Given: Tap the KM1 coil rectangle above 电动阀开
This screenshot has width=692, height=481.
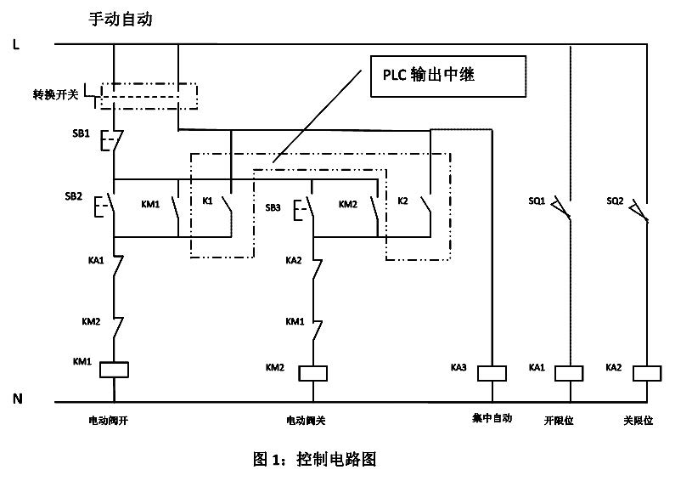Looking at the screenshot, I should point(114,368).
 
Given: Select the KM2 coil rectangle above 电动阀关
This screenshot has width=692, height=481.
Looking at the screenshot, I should point(313,372).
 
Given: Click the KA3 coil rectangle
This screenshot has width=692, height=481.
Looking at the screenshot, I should point(492,372).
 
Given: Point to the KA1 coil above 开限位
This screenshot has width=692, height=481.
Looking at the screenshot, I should point(568,372).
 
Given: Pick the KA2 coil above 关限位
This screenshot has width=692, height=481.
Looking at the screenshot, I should point(647,372).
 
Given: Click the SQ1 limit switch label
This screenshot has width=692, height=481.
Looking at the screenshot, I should point(537,201).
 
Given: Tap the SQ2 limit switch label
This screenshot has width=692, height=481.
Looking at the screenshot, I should point(616,201).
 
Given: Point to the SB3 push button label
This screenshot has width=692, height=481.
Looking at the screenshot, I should point(273,207).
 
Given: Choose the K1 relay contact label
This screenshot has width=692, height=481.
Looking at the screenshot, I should point(207,202).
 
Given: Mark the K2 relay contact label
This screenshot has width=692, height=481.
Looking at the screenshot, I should point(403,202).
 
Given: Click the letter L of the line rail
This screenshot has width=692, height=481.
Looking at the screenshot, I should point(16,43).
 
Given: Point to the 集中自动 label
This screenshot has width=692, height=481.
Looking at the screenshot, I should point(492,418).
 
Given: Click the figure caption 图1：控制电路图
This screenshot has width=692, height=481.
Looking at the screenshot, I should point(314,460).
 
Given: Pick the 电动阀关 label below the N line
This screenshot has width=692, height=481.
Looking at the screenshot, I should point(306,420).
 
